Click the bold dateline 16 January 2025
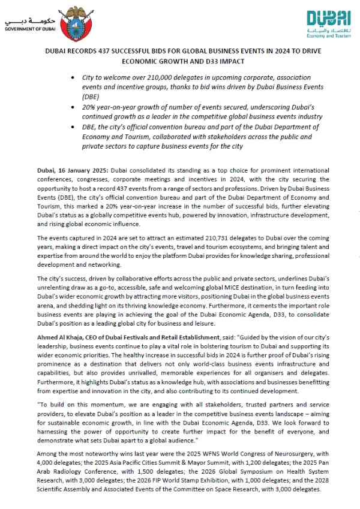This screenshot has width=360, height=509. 74,171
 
